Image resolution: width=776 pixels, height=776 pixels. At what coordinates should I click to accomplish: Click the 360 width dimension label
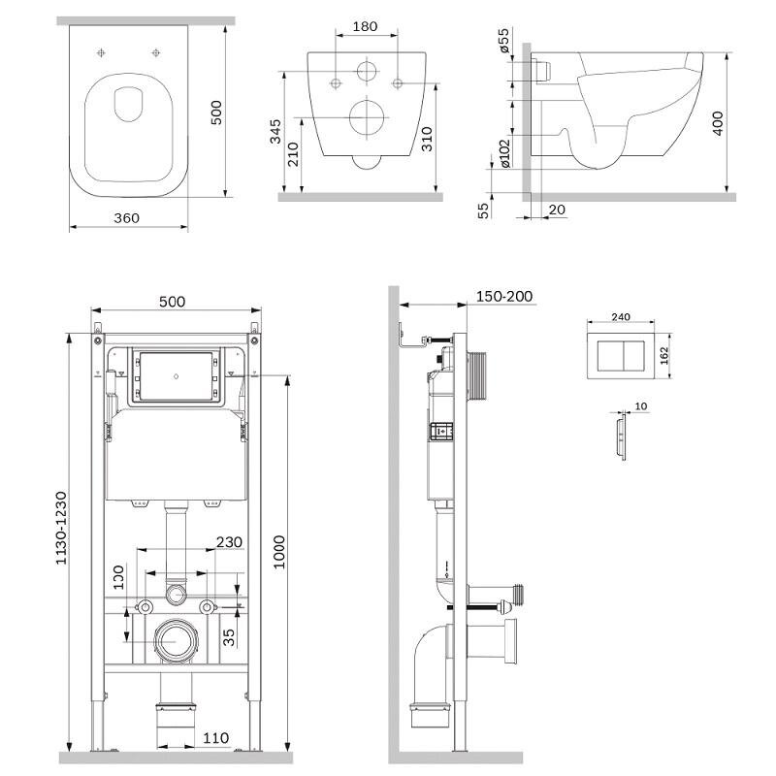click(126, 217)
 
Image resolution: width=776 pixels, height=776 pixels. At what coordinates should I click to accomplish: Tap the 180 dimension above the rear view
click(366, 27)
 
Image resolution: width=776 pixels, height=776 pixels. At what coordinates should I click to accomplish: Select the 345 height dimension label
click(275, 131)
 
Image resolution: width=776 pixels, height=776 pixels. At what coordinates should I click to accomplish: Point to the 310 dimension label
click(427, 139)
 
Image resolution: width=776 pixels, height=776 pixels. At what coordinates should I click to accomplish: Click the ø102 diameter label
click(504, 153)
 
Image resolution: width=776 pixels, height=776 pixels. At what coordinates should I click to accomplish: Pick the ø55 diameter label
click(503, 40)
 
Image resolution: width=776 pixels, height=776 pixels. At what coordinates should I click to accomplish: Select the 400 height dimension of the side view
click(717, 123)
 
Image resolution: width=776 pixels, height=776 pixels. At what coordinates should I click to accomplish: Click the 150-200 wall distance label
click(503, 296)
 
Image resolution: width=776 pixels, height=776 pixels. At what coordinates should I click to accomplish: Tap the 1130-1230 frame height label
click(60, 528)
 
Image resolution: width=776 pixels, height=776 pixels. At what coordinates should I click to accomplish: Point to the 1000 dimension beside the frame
click(279, 552)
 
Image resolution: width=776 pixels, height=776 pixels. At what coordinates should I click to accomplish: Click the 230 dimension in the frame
click(229, 542)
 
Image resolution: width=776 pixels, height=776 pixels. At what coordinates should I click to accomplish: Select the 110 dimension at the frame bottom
click(215, 738)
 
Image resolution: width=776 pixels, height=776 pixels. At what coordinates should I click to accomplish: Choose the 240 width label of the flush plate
click(621, 317)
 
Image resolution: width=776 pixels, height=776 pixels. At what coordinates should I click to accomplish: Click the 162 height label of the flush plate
click(664, 355)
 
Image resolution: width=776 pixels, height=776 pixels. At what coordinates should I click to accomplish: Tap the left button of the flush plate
click(609, 356)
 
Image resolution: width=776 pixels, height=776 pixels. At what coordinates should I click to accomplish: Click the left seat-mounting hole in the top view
click(101, 52)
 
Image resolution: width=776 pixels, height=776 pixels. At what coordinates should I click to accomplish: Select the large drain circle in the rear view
click(367, 117)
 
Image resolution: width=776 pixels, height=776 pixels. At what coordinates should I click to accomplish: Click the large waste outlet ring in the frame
click(176, 640)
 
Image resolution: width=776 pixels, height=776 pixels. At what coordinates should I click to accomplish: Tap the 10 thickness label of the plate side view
click(640, 406)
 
